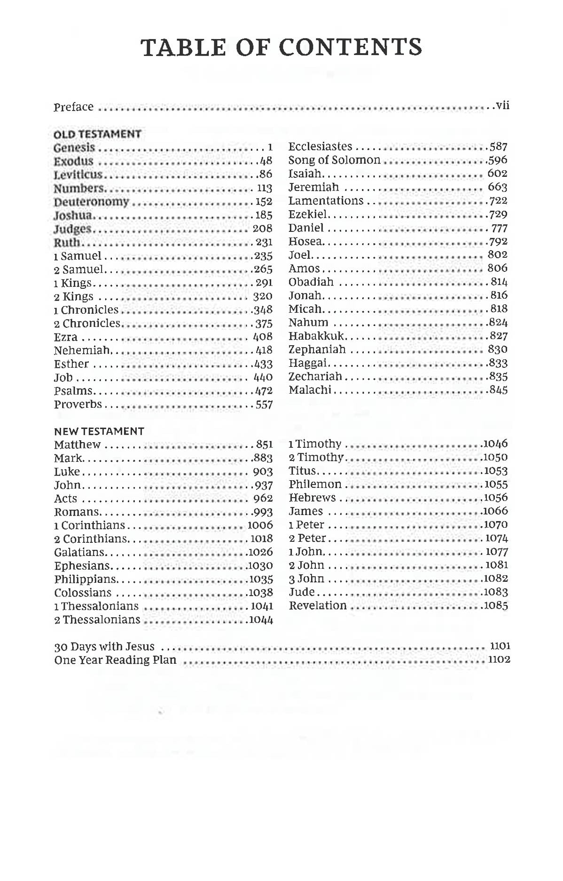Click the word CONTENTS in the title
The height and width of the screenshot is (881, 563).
350,47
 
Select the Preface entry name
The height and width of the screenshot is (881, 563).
73,107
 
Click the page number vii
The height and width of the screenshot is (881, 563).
502,105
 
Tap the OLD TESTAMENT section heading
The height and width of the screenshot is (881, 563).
97,134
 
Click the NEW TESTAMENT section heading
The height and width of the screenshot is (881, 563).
99,431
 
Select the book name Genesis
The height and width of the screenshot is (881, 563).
74,148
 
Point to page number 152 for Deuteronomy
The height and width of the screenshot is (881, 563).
264,202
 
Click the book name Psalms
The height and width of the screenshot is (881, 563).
73,391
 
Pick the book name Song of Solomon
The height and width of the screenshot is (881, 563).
334,160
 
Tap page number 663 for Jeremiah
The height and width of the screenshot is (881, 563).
497,187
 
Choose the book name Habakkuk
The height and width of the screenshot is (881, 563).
316,336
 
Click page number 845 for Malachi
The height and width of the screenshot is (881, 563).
498,390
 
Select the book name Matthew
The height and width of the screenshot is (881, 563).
77,445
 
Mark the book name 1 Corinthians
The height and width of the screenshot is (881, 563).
89,525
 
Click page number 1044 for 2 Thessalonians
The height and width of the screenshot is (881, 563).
261,620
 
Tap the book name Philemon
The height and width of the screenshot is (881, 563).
315,484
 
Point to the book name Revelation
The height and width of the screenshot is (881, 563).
318,606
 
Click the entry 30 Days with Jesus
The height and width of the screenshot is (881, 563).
104,647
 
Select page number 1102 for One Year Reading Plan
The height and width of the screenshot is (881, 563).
499,659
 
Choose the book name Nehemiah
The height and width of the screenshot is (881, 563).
82,350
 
